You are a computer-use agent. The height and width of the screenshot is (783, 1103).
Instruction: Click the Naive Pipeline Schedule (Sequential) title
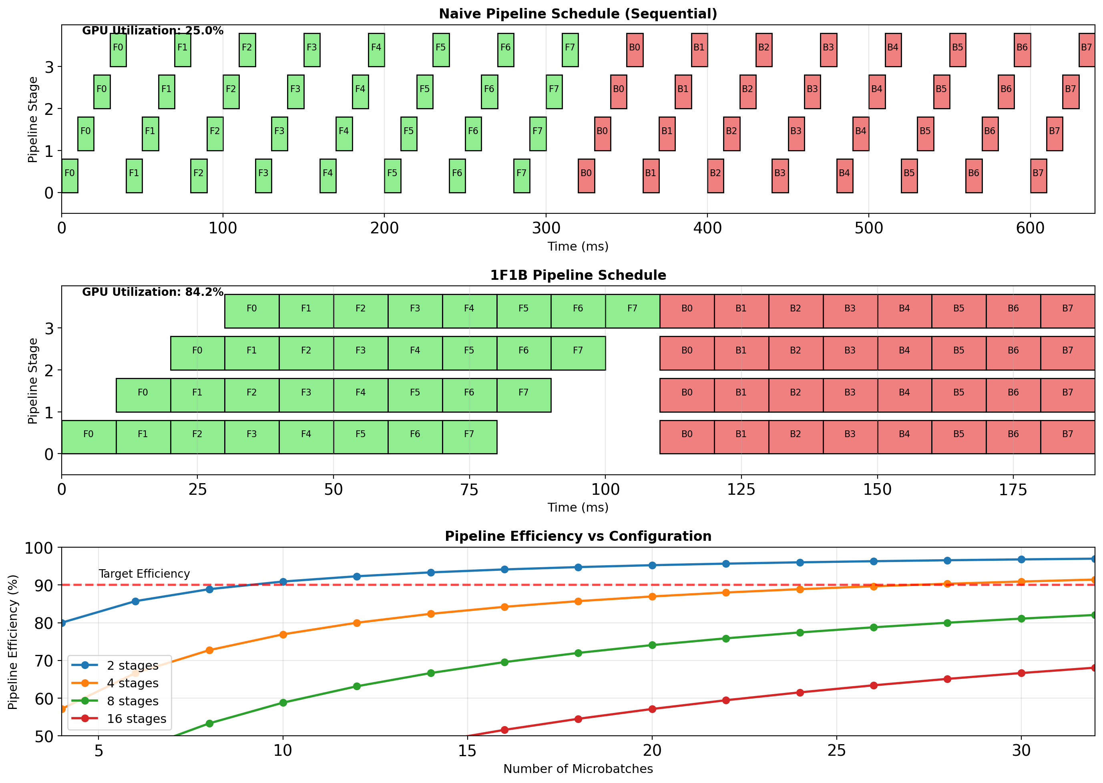tap(578, 14)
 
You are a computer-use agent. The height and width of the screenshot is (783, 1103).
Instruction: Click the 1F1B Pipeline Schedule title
tap(578, 275)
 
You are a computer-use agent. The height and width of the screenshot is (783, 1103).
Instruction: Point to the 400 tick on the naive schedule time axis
tap(707, 228)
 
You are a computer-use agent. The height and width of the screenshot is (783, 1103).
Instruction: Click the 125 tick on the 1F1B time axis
tap(741, 489)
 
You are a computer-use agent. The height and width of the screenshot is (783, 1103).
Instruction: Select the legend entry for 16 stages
tap(137, 719)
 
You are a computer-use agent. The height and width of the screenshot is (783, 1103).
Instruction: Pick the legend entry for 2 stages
tap(133, 665)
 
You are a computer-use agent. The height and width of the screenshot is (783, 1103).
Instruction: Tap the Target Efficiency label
tap(144, 574)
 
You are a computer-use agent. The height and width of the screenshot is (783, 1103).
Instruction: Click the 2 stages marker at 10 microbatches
tap(283, 582)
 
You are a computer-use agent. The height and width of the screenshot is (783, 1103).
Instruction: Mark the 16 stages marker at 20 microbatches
tap(652, 709)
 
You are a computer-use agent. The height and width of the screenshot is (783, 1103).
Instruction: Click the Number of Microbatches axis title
tap(578, 769)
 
